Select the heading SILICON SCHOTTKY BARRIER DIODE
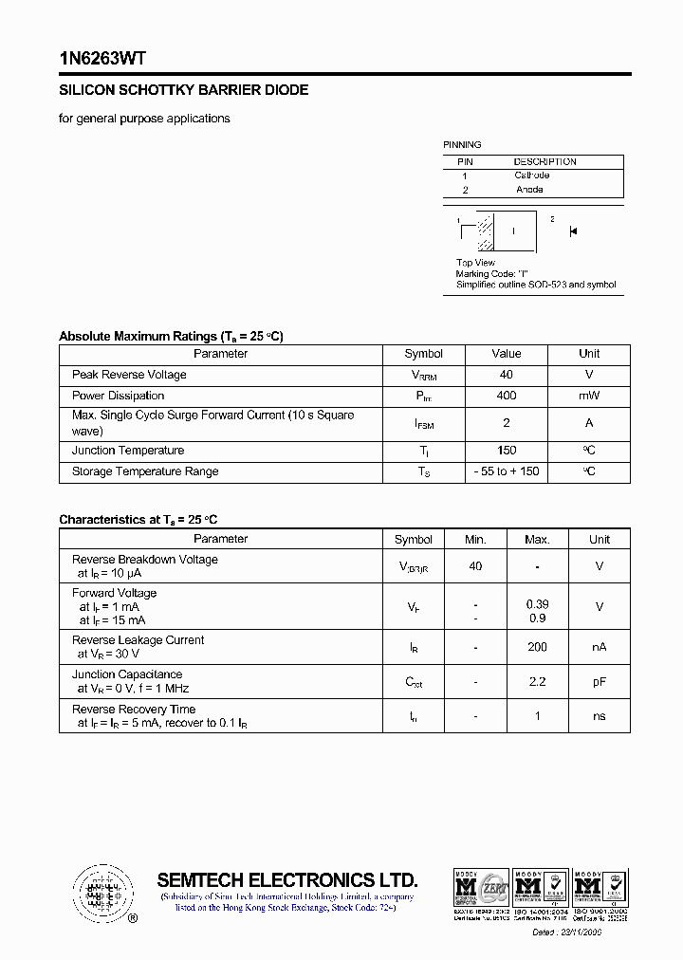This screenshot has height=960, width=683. click(183, 90)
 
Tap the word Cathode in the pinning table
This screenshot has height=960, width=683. click(531, 175)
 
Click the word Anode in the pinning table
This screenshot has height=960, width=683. click(529, 190)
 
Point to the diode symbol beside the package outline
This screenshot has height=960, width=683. click(573, 231)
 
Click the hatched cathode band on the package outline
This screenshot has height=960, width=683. click(485, 231)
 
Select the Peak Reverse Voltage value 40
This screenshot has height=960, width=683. click(506, 375)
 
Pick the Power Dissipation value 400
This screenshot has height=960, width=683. click(506, 396)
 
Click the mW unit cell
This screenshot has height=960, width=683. click(589, 396)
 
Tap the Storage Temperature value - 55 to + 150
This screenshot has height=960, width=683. click(506, 471)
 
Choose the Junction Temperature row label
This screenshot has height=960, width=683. click(128, 451)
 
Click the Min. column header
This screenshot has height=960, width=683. click(475, 540)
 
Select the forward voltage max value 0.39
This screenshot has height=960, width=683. click(537, 604)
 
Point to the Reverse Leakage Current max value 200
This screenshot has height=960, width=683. click(537, 647)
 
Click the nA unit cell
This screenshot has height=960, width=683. click(599, 647)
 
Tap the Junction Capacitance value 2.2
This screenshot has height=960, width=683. click(537, 681)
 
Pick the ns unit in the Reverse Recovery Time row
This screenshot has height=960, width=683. click(599, 716)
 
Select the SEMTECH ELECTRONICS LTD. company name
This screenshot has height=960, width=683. click(286, 879)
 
